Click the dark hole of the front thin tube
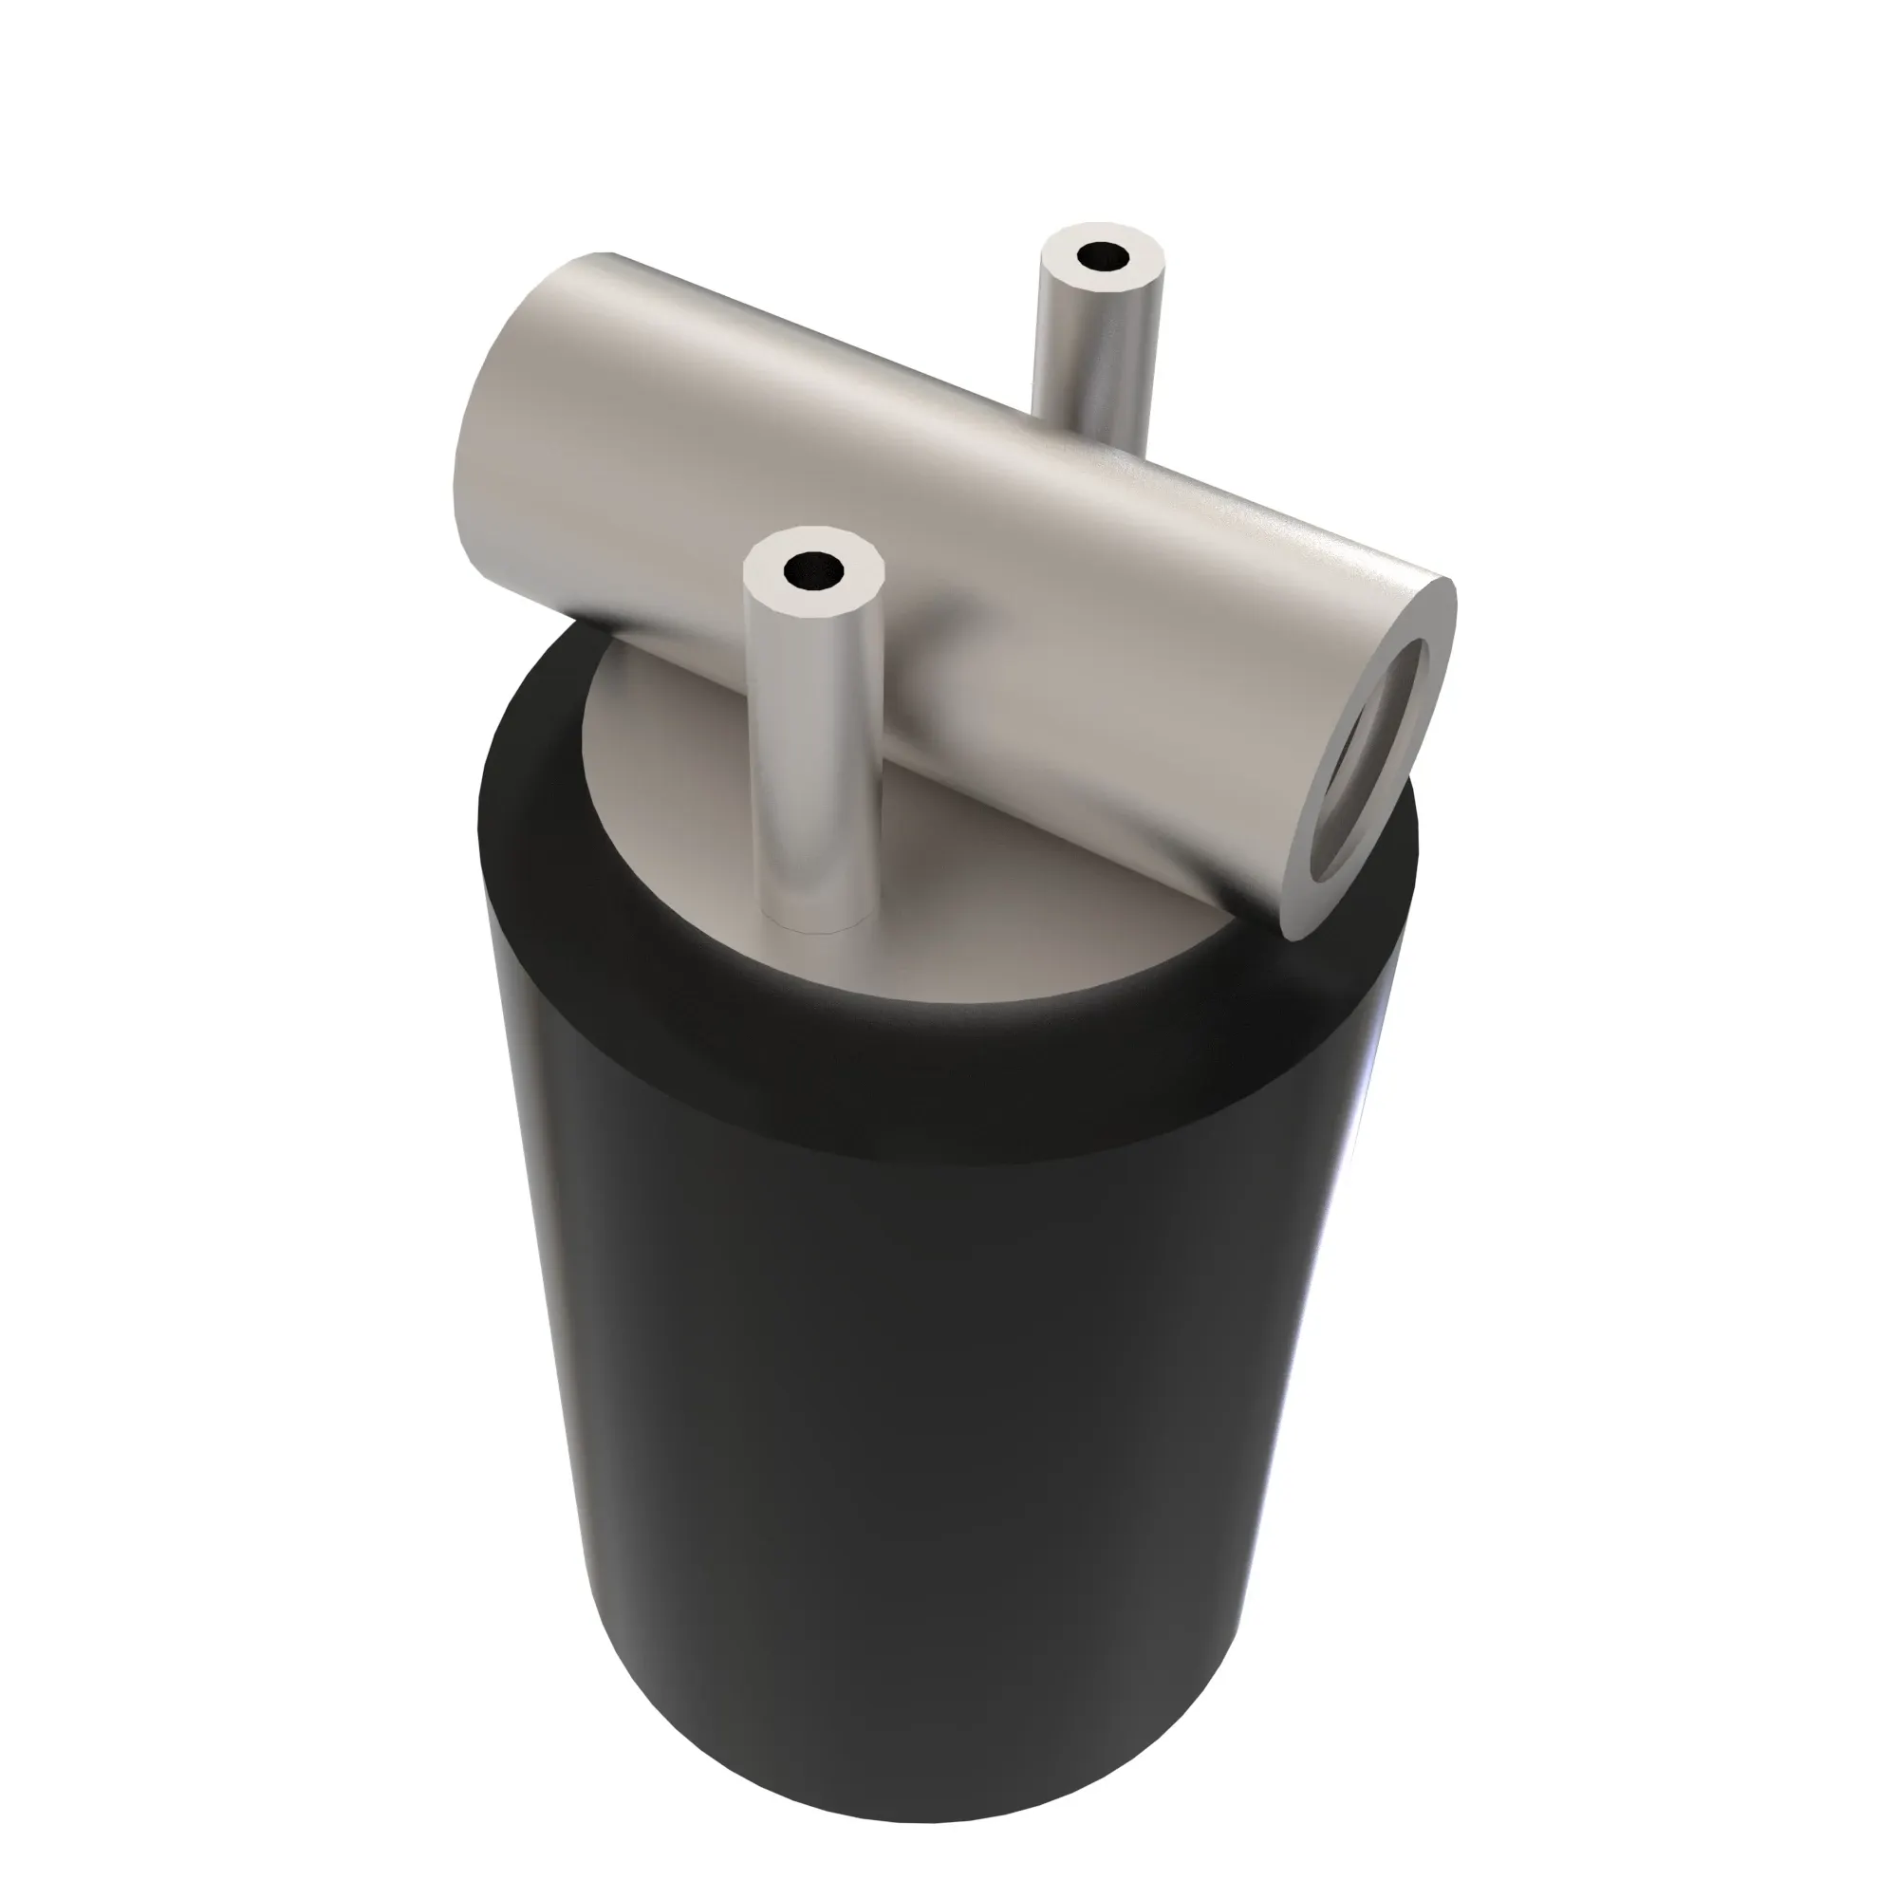[x=814, y=569]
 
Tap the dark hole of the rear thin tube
[x=1104, y=257]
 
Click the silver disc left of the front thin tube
[x=678, y=786]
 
